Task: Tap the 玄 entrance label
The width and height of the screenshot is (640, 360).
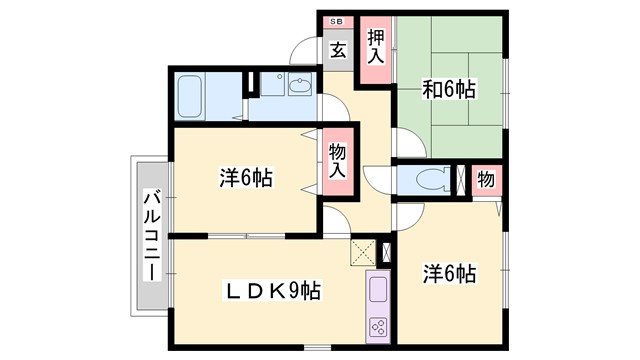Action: [x=338, y=49]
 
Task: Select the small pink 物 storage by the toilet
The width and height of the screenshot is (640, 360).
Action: [x=485, y=181]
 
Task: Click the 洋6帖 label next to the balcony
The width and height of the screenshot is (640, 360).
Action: [x=246, y=180]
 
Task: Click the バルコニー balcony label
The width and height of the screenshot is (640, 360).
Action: [x=151, y=236]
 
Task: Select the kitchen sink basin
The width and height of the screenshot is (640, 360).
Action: [x=379, y=290]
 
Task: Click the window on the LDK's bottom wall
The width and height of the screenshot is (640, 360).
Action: [x=317, y=347]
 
